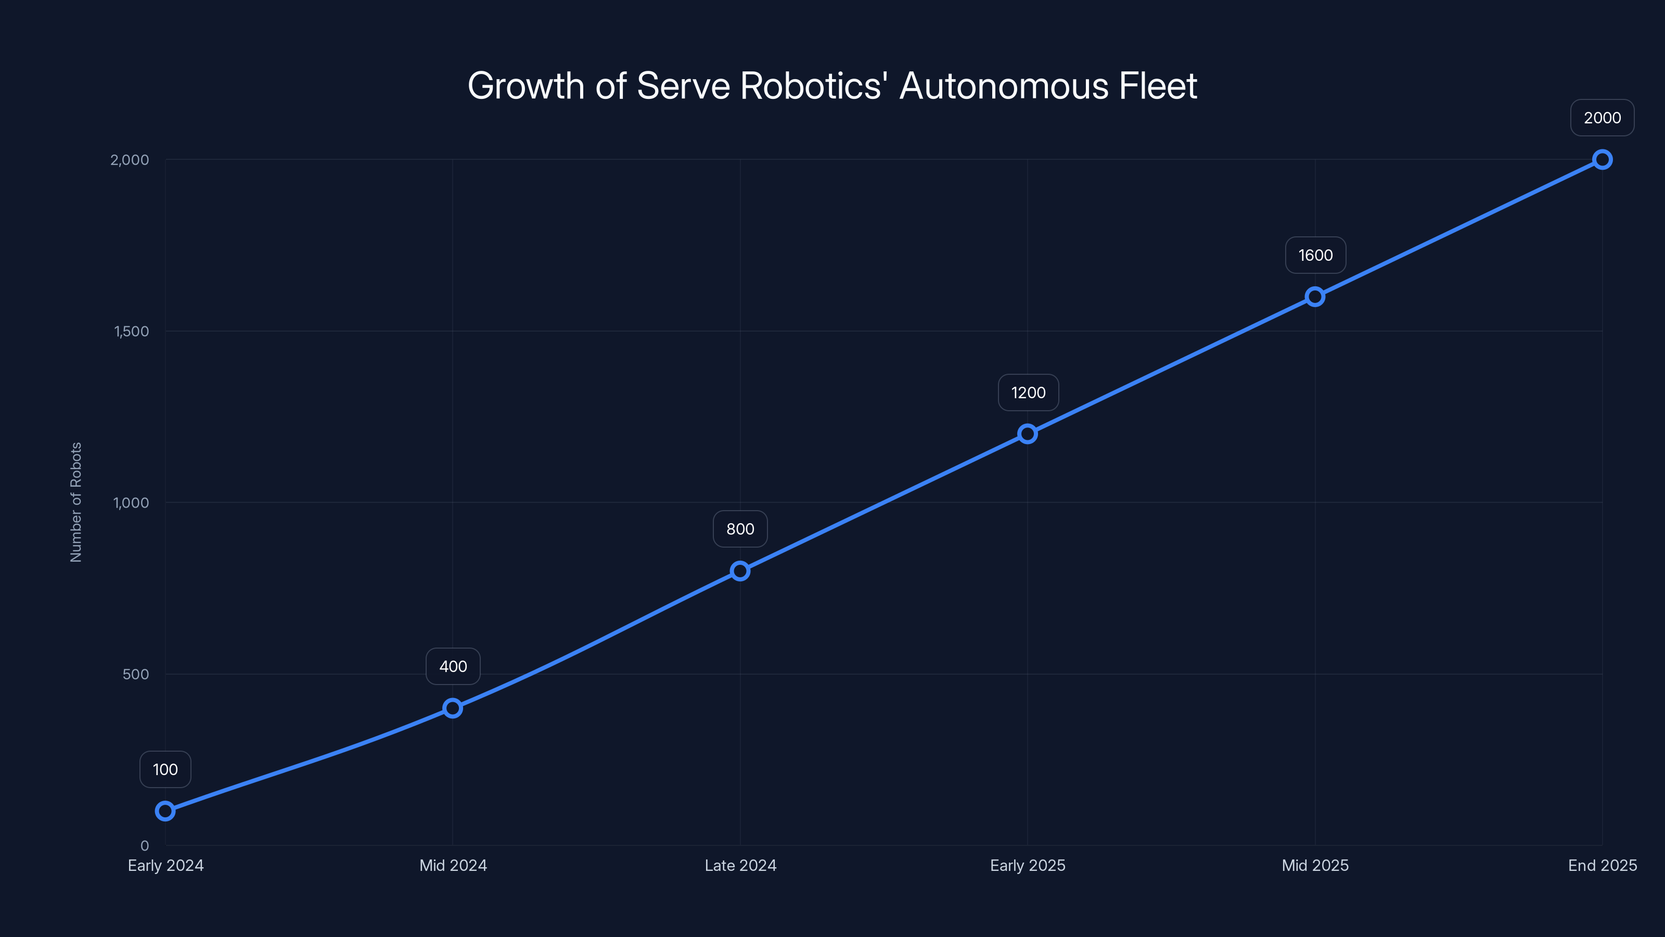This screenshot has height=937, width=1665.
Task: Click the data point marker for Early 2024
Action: pos(165,811)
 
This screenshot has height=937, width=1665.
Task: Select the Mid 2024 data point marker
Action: pos(453,708)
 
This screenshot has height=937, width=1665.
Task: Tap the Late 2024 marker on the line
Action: pos(740,571)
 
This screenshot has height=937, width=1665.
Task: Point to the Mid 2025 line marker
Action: pos(1315,297)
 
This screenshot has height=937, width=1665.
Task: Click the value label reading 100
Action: pos(165,769)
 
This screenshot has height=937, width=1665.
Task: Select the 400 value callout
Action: pos(453,667)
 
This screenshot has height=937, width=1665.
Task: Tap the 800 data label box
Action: pos(740,529)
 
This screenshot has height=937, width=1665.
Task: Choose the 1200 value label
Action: pos(1028,392)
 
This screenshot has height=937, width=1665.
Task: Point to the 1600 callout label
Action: pos(1315,256)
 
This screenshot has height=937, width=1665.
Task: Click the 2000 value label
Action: pos(1603,118)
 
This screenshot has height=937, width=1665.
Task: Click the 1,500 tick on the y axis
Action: pos(131,331)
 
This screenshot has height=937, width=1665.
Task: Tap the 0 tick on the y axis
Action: pos(145,845)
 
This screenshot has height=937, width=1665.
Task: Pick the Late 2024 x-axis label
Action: pos(740,865)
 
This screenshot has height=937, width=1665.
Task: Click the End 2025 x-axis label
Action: pos(1603,865)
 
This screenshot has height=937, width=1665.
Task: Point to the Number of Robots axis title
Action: pos(76,502)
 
